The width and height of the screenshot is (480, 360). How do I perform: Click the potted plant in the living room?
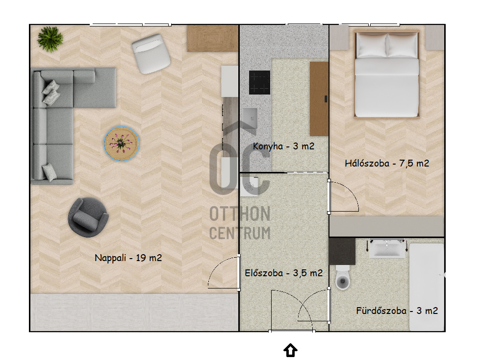pyautogui.click(x=50, y=39)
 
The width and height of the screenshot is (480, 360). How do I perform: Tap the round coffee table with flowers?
pyautogui.click(x=122, y=143)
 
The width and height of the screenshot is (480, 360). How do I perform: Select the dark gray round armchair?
pyautogui.click(x=88, y=217)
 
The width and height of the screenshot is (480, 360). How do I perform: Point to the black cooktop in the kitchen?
pyautogui.click(x=259, y=82)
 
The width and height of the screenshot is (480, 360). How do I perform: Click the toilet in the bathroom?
pyautogui.click(x=343, y=277)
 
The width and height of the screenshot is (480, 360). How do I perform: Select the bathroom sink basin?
pyautogui.click(x=387, y=248)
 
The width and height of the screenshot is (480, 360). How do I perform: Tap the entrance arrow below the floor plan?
pyautogui.click(x=290, y=350)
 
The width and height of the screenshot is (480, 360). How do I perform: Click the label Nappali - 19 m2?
pyautogui.click(x=128, y=258)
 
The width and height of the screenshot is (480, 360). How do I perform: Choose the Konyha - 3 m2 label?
pyautogui.click(x=283, y=146)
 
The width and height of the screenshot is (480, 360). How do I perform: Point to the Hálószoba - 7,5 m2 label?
pyautogui.click(x=387, y=163)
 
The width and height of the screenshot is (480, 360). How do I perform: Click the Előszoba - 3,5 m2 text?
pyautogui.click(x=284, y=273)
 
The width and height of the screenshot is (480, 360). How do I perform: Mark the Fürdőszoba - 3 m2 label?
pyautogui.click(x=397, y=311)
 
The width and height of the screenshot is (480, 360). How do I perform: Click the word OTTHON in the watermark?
pyautogui.click(x=240, y=214)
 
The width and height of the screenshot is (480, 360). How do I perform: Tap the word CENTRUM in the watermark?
pyautogui.click(x=240, y=233)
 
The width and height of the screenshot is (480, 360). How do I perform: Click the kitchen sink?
pyautogui.click(x=250, y=118)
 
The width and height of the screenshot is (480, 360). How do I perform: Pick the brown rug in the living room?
pyautogui.click(x=213, y=38)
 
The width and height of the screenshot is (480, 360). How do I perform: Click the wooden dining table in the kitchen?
pyautogui.click(x=319, y=99)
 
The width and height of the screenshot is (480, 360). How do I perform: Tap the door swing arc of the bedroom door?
pyautogui.click(x=350, y=190)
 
